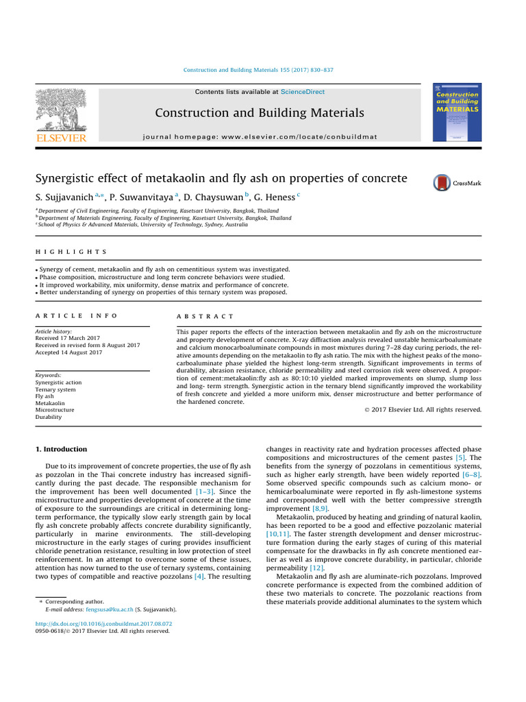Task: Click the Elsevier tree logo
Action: [x=61, y=110]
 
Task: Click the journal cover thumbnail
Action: [x=457, y=112]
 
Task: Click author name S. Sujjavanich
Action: [x=64, y=198]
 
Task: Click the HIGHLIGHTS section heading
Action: [x=71, y=252]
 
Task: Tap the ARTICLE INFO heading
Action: [x=76, y=316]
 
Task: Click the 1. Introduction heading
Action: [x=61, y=450]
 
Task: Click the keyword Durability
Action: [x=49, y=417]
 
